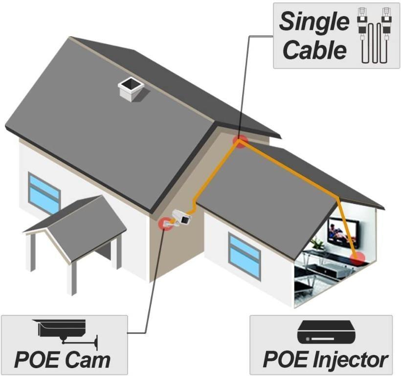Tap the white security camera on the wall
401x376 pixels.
click(181, 218)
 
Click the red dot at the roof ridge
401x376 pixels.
click(240, 142)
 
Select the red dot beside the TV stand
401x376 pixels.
click(358, 258)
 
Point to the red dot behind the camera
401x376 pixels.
click(165, 223)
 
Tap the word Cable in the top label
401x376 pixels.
click(315, 50)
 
